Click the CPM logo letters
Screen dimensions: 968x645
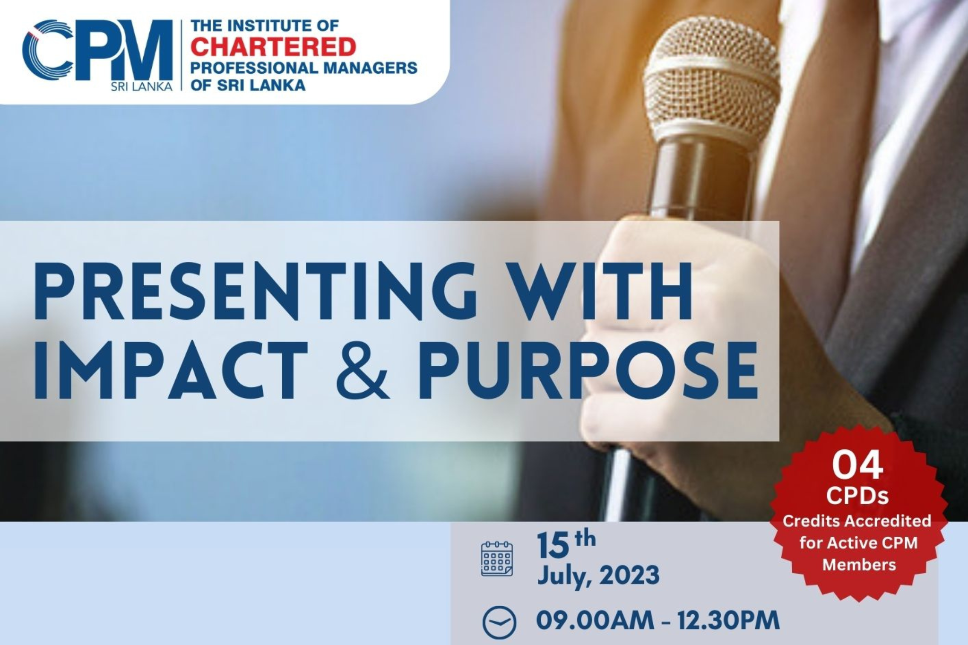click(x=97, y=51)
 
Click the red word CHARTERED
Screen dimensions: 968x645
click(x=273, y=47)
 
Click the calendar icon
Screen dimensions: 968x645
click(x=497, y=559)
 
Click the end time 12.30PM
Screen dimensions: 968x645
click(x=728, y=620)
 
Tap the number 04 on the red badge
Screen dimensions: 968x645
click(x=857, y=467)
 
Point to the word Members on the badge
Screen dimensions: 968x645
click(x=859, y=565)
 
